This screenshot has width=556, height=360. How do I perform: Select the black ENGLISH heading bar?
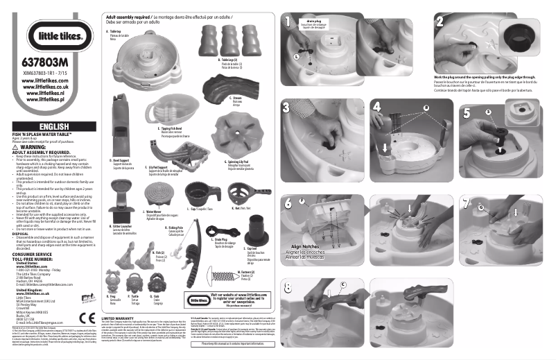(x=49, y=126)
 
